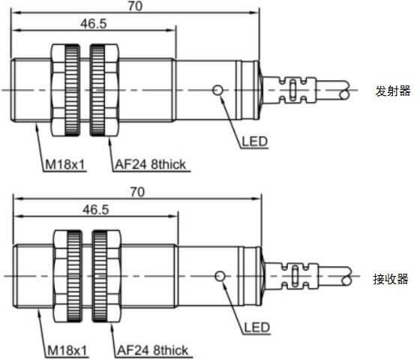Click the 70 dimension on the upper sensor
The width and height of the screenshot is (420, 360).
coord(135,6)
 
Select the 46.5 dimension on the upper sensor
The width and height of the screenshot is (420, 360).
coord(94,23)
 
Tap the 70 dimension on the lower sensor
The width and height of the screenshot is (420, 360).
coord(137,192)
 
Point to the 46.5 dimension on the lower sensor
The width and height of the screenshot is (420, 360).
coord(96,209)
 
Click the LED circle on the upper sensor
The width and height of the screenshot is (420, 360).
coord(217,90)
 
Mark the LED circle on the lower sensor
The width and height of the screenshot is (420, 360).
coord(220,276)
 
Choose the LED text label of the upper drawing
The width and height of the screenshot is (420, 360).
coord(255,142)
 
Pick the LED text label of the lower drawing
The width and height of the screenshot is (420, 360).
coord(256,328)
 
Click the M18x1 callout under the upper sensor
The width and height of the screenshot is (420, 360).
coord(65,164)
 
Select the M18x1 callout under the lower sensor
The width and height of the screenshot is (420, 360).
coord(67,350)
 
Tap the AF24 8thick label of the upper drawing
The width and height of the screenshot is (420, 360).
coord(151,164)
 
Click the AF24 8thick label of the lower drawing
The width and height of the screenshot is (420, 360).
coord(153,350)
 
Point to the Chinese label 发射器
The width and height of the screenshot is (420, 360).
coord(393,91)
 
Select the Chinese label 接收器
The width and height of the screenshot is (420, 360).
coord(391,279)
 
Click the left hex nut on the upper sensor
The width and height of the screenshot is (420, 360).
coord(66,90)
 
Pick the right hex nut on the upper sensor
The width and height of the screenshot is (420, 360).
coord(104,90)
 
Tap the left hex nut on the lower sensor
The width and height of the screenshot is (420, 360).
coord(67,276)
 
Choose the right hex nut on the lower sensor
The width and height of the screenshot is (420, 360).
coord(106,276)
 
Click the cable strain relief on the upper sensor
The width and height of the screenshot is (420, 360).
coord(289,90)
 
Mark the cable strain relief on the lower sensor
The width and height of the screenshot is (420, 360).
coord(292,276)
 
